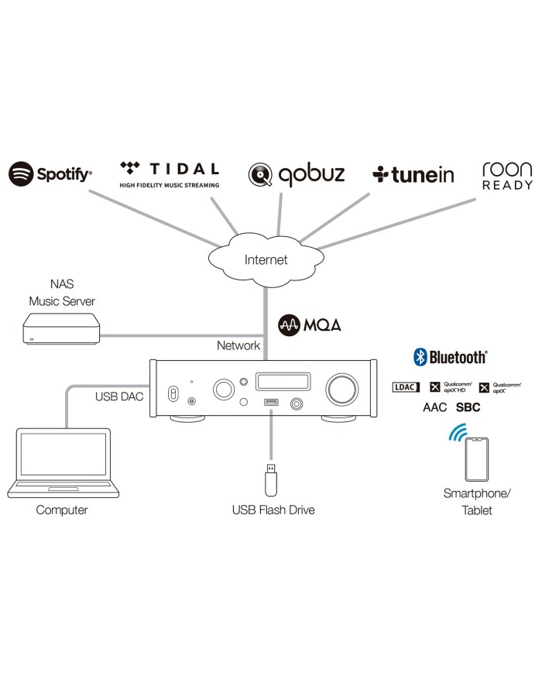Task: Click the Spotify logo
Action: pyautogui.click(x=50, y=173)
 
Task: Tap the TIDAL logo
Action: pyautogui.click(x=170, y=173)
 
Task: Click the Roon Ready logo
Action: pyautogui.click(x=507, y=176)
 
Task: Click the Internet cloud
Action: pyautogui.click(x=266, y=259)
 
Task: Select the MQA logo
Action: pyautogui.click(x=310, y=324)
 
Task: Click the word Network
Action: pyautogui.click(x=238, y=345)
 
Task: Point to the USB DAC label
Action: pyautogui.click(x=119, y=397)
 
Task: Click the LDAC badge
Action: pyautogui.click(x=406, y=386)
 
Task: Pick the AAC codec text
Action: pyautogui.click(x=434, y=407)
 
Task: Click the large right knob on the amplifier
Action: pyautogui.click(x=341, y=386)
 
